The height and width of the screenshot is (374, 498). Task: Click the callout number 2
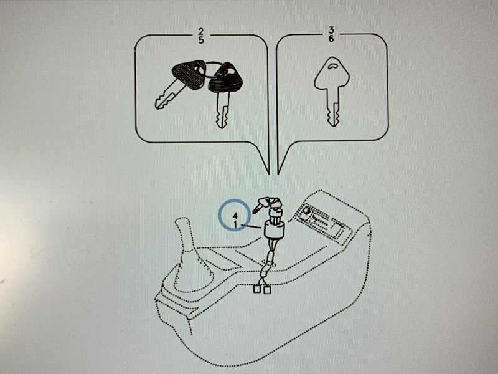click(x=200, y=31)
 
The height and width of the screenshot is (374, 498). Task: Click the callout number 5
click(x=201, y=39)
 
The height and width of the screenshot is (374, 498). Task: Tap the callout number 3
click(x=331, y=30)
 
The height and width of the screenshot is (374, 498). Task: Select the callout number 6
click(x=331, y=39)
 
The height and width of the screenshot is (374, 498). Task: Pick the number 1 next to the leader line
click(x=235, y=224)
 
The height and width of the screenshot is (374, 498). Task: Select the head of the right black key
click(x=225, y=77)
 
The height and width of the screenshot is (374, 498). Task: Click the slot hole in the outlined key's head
click(x=332, y=66)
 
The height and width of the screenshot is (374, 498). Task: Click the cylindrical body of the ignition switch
click(x=274, y=229)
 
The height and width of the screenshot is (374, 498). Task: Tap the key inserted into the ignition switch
click(x=267, y=204)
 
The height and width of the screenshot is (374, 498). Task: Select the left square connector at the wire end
click(x=256, y=289)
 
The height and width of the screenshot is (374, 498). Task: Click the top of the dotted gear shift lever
click(x=182, y=223)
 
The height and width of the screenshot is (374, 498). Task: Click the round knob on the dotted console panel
click(x=307, y=211)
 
